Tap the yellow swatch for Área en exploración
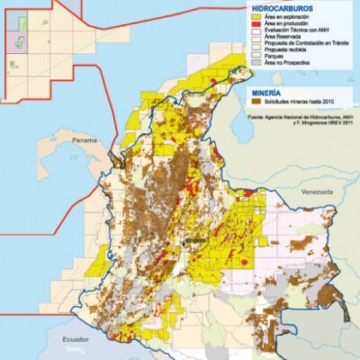point(256,16)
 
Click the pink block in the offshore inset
point(17,40)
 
